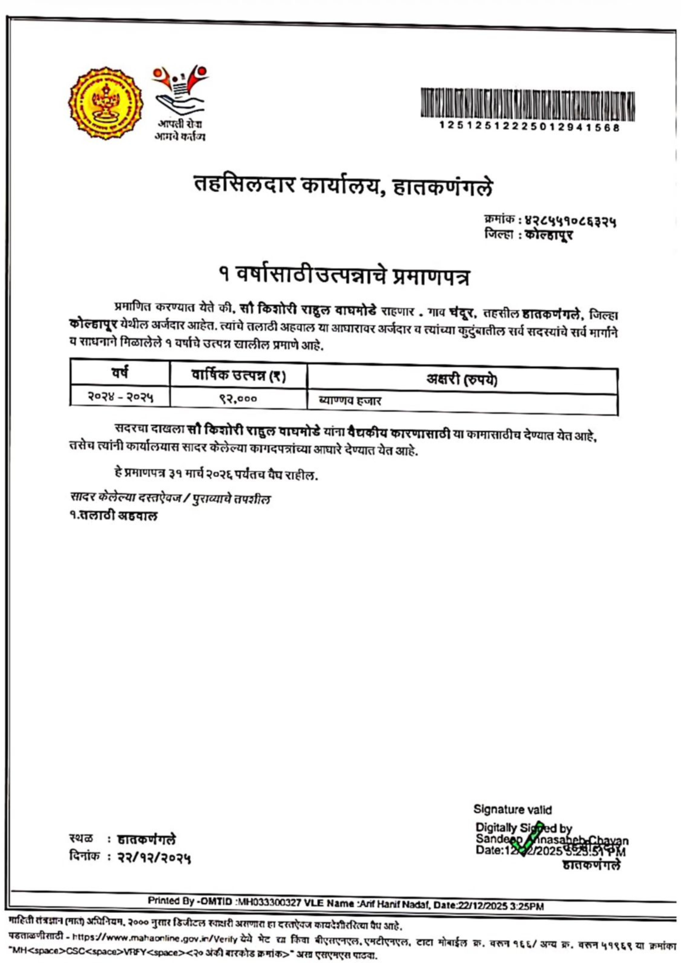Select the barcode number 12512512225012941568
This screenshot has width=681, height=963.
[x=529, y=127]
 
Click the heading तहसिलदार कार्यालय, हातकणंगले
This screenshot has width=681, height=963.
[x=343, y=186]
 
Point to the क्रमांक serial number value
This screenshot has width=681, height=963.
[x=570, y=221]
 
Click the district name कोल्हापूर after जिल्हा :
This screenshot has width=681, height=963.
[x=549, y=235]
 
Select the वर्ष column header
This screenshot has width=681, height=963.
[x=120, y=373]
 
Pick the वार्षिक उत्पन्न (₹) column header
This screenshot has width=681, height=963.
[x=238, y=376]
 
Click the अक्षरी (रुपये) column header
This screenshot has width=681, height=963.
[x=461, y=380]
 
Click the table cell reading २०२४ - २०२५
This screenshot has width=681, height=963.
[x=120, y=397]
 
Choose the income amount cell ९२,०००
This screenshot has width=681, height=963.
[x=238, y=399]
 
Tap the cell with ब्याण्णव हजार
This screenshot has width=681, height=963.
[x=350, y=401]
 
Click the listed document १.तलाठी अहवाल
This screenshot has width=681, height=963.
[x=114, y=516]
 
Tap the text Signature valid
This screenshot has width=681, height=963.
[x=512, y=809]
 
